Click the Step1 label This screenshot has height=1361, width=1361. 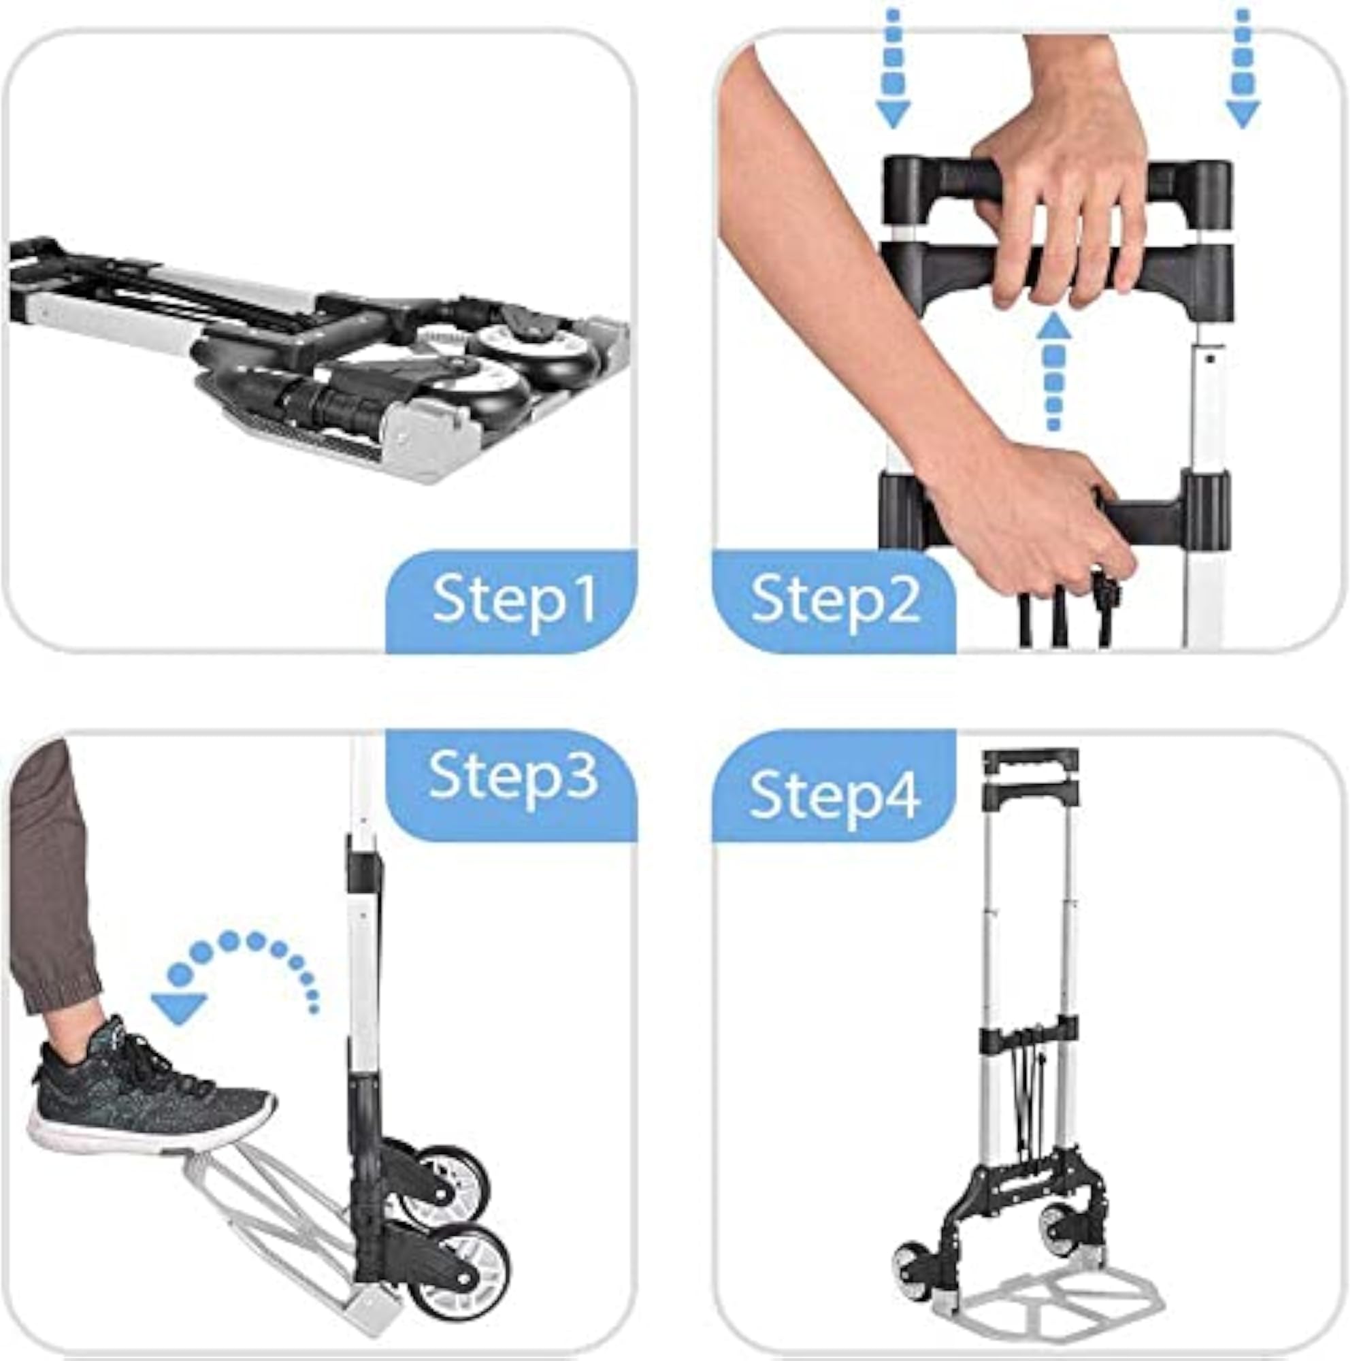tap(515, 600)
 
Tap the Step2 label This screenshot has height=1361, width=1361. tap(836, 600)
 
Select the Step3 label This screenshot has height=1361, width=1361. tap(514, 776)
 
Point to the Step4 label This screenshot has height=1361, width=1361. tap(835, 796)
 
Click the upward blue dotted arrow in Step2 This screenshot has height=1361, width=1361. tap(1055, 371)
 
